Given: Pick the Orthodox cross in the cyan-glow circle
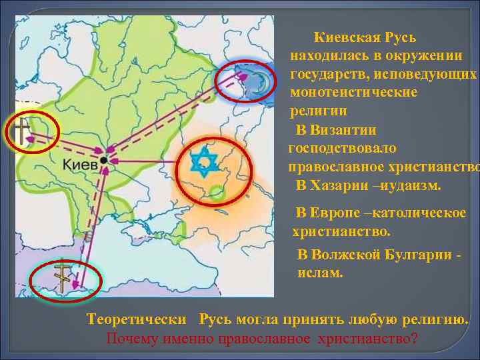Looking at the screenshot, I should click(x=61, y=277).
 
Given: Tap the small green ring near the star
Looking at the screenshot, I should click(x=214, y=193).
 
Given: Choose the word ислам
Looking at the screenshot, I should click(x=320, y=272).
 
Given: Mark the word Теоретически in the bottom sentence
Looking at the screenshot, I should click(x=132, y=319).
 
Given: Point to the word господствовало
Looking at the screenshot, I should click(x=343, y=147).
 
